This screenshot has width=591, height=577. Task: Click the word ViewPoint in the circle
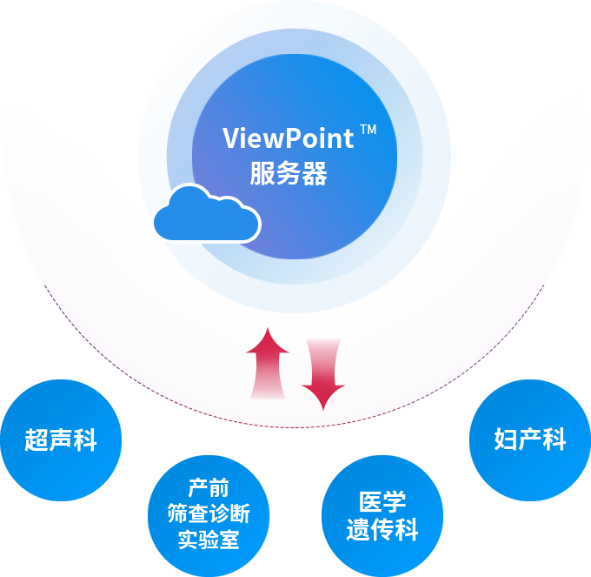coord(288,139)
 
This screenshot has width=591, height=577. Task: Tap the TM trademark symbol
coord(369,131)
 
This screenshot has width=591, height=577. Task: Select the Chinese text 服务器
coord(289,174)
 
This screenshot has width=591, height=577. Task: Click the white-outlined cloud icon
coord(206,213)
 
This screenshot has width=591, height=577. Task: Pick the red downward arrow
coord(322,372)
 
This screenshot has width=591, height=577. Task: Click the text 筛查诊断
coord(209,514)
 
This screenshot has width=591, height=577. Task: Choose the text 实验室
coord(209,540)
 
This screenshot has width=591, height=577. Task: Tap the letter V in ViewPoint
coord(231,139)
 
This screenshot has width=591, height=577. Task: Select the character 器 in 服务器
coord(315,174)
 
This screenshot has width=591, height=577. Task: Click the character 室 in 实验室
coord(229,540)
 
